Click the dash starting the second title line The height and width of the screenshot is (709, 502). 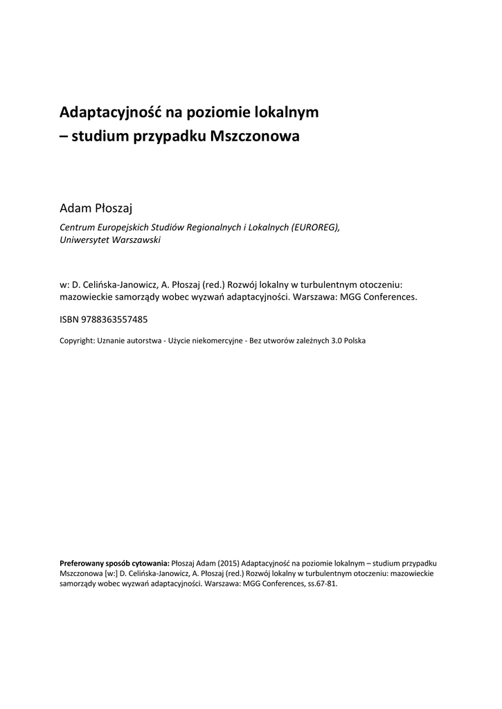64,137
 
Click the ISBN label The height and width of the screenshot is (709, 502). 69,320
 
